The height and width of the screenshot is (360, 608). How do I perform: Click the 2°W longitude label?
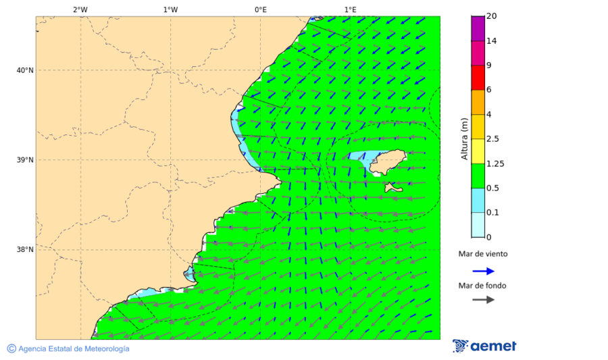(80, 9)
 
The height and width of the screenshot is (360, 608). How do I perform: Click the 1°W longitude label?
(170, 9)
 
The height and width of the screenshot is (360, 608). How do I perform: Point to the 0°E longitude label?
(260, 9)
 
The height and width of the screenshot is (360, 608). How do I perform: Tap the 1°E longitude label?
(350, 9)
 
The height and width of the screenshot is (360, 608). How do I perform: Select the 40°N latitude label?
(25, 70)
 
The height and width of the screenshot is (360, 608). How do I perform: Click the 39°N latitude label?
(25, 160)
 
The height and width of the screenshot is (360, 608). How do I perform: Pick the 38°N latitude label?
(25, 250)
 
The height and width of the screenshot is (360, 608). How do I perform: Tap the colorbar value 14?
(492, 41)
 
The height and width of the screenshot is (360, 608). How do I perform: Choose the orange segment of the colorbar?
(478, 102)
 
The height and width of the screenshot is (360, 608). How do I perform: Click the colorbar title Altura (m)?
(464, 138)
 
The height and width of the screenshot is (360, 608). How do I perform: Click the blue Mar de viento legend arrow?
(483, 271)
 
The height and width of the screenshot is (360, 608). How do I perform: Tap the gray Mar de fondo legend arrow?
(483, 299)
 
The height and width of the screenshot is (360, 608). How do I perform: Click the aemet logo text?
(493, 346)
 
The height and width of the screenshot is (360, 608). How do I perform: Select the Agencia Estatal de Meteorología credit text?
(74, 349)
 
